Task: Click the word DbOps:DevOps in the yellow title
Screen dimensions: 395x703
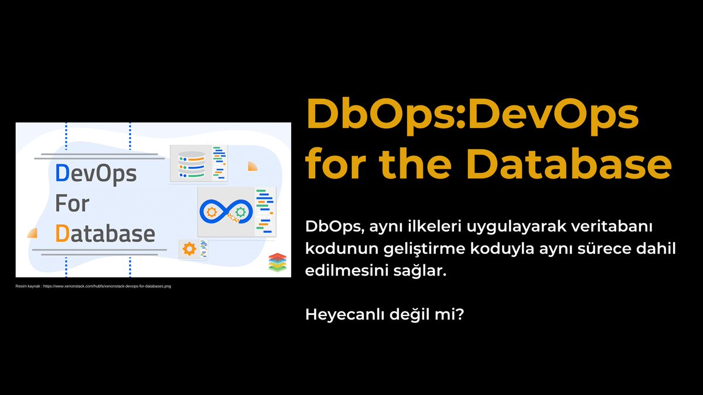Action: (x=472, y=115)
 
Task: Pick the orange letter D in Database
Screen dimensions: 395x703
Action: (x=62, y=233)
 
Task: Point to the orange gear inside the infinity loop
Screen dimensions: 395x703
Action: (x=210, y=211)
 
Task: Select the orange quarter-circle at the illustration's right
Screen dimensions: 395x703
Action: (x=252, y=166)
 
